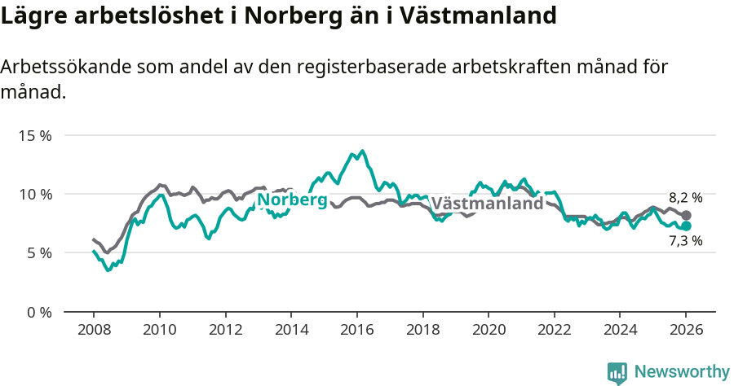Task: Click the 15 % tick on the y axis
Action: pyautogui.click(x=35, y=135)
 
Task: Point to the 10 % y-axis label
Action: pyautogui.click(x=35, y=194)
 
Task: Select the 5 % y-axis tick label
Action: pyautogui.click(x=39, y=253)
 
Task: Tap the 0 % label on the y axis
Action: pyautogui.click(x=39, y=312)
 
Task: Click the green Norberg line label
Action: pyautogui.click(x=292, y=200)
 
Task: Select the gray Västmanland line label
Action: pyautogui.click(x=487, y=204)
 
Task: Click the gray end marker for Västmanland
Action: pyautogui.click(x=686, y=215)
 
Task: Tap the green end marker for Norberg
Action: pyautogui.click(x=686, y=226)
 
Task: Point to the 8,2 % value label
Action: pyautogui.click(x=685, y=198)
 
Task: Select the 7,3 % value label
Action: pyautogui.click(x=685, y=241)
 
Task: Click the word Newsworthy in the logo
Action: pyautogui.click(x=682, y=372)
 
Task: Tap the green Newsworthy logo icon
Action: pyautogui.click(x=617, y=373)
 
